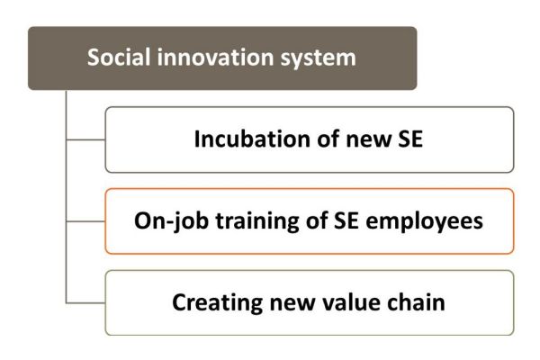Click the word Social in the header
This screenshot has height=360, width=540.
119,57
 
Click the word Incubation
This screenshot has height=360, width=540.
252,139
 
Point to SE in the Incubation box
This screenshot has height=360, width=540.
410,139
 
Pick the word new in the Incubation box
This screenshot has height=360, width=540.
369,140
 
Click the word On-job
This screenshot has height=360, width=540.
171,221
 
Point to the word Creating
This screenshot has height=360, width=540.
217,303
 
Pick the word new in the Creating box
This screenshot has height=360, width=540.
292,304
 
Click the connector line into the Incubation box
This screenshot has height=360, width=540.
85,139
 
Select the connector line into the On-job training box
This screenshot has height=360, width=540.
85,221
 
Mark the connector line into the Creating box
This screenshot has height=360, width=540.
85,303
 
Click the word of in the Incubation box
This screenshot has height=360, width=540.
328,139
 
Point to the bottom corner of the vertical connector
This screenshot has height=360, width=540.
66,303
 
